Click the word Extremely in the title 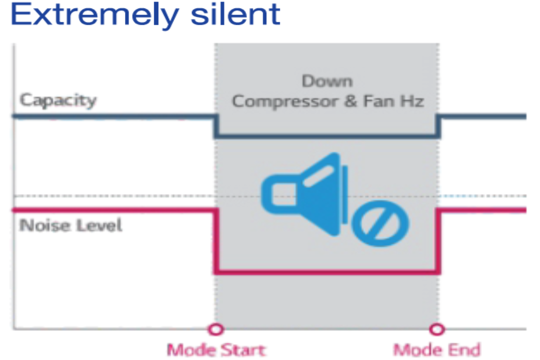click(x=95, y=15)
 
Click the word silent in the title click(x=236, y=14)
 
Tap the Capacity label click(x=58, y=100)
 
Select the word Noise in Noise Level click(x=45, y=225)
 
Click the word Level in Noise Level click(x=99, y=225)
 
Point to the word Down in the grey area click(x=327, y=81)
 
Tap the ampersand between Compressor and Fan click(x=351, y=101)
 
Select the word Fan click(x=379, y=101)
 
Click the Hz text click(x=412, y=101)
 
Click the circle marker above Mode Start click(x=216, y=329)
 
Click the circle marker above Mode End click(x=437, y=329)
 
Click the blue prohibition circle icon click(x=380, y=224)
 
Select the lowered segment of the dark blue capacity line click(x=327, y=136)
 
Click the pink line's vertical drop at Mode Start click(x=216, y=241)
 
